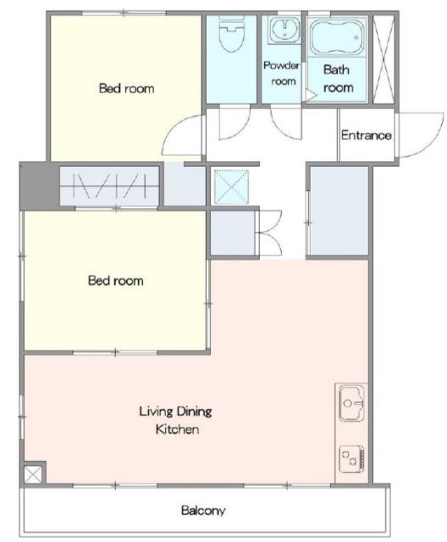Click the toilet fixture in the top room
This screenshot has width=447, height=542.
[231, 34]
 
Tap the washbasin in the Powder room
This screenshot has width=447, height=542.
[284, 30]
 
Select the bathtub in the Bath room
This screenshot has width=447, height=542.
[336, 37]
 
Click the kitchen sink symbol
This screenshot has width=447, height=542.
[351, 403]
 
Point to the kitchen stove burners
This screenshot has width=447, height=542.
[351, 459]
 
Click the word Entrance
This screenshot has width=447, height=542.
[367, 135]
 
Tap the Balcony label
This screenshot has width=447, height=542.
[203, 510]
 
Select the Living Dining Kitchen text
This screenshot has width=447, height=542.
[176, 420]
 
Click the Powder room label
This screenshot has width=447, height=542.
[282, 73]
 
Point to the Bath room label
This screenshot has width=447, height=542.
[338, 79]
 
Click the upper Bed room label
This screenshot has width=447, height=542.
[126, 88]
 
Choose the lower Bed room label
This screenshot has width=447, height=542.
[116, 280]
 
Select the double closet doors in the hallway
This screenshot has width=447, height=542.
[271, 233]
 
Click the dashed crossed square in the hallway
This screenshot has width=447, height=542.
[231, 187]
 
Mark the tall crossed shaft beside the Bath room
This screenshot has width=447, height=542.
[384, 59]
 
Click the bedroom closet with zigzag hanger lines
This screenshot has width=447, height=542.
[109, 186]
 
